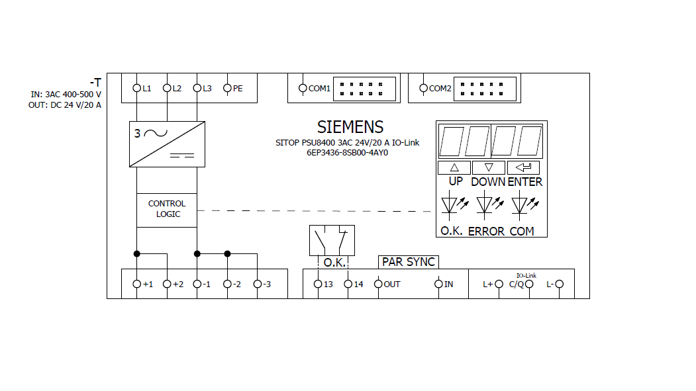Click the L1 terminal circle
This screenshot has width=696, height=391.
pyautogui.click(x=136, y=88)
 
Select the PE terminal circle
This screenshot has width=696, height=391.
pyautogui.click(x=227, y=88)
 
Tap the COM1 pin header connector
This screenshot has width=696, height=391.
pyautogui.click(x=364, y=89)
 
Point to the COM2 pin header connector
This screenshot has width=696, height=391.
pyautogui.click(x=485, y=89)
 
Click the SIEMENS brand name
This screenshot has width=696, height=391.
pyautogui.click(x=350, y=127)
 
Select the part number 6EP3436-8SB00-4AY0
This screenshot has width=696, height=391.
pyautogui.click(x=347, y=153)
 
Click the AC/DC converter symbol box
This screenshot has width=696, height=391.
pyautogui.click(x=167, y=144)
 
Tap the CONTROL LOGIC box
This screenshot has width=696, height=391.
pyautogui.click(x=167, y=210)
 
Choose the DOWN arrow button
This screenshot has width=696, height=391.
pyautogui.click(x=489, y=167)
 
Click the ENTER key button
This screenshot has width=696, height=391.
pyautogui.click(x=523, y=167)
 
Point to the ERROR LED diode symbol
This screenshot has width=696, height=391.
pyautogui.click(x=489, y=205)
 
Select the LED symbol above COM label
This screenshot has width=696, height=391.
pyautogui.click(x=524, y=205)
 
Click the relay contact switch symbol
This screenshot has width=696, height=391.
pyautogui.click(x=332, y=240)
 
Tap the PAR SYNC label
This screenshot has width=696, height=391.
pyautogui.click(x=409, y=262)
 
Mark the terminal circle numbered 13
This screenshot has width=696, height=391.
pyautogui.click(x=318, y=284)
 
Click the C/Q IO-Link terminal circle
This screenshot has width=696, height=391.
pyautogui.click(x=529, y=284)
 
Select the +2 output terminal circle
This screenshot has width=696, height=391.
pyautogui.click(x=167, y=284)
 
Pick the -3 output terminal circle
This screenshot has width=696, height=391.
pyautogui.click(x=258, y=284)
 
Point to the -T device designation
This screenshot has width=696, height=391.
pyautogui.click(x=95, y=83)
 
